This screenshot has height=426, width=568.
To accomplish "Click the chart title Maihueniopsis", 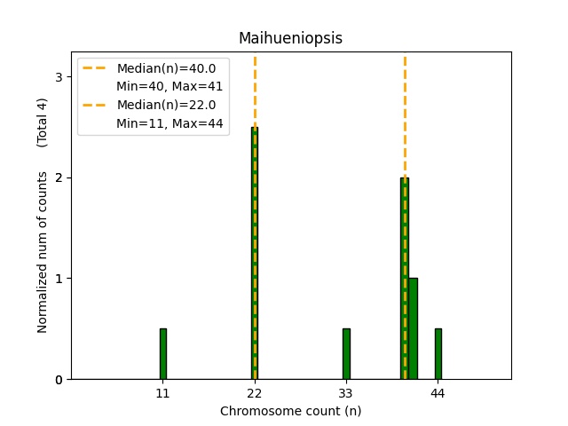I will coord(290,38).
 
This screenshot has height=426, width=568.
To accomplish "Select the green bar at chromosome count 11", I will coord(162,354).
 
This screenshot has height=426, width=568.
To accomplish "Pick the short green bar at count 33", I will coord(346,354).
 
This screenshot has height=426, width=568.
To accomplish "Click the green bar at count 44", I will coord(438,354).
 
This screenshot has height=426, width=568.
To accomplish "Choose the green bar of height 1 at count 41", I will coord(413,328).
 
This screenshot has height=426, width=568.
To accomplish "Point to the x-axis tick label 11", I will coord(162,392).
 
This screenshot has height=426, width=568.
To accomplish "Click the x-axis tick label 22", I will coord(255,392).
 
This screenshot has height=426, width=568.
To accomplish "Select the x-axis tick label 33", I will coord(346,392).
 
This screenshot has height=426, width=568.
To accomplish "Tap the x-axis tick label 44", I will coord(438,392).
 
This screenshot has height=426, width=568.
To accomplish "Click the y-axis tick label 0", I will coord(58,380).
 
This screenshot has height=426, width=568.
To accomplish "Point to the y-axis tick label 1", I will coord(58,279).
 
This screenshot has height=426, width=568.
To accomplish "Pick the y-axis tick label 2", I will coord(58,177).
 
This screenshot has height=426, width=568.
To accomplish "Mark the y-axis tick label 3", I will coord(58,77).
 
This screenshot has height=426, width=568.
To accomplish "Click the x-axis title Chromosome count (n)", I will coord(290,411).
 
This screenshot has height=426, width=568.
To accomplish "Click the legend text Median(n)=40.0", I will coord(160,68).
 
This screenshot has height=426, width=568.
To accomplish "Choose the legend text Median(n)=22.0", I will coord(160,105).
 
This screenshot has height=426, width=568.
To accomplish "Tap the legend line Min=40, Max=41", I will coord(170,86).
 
